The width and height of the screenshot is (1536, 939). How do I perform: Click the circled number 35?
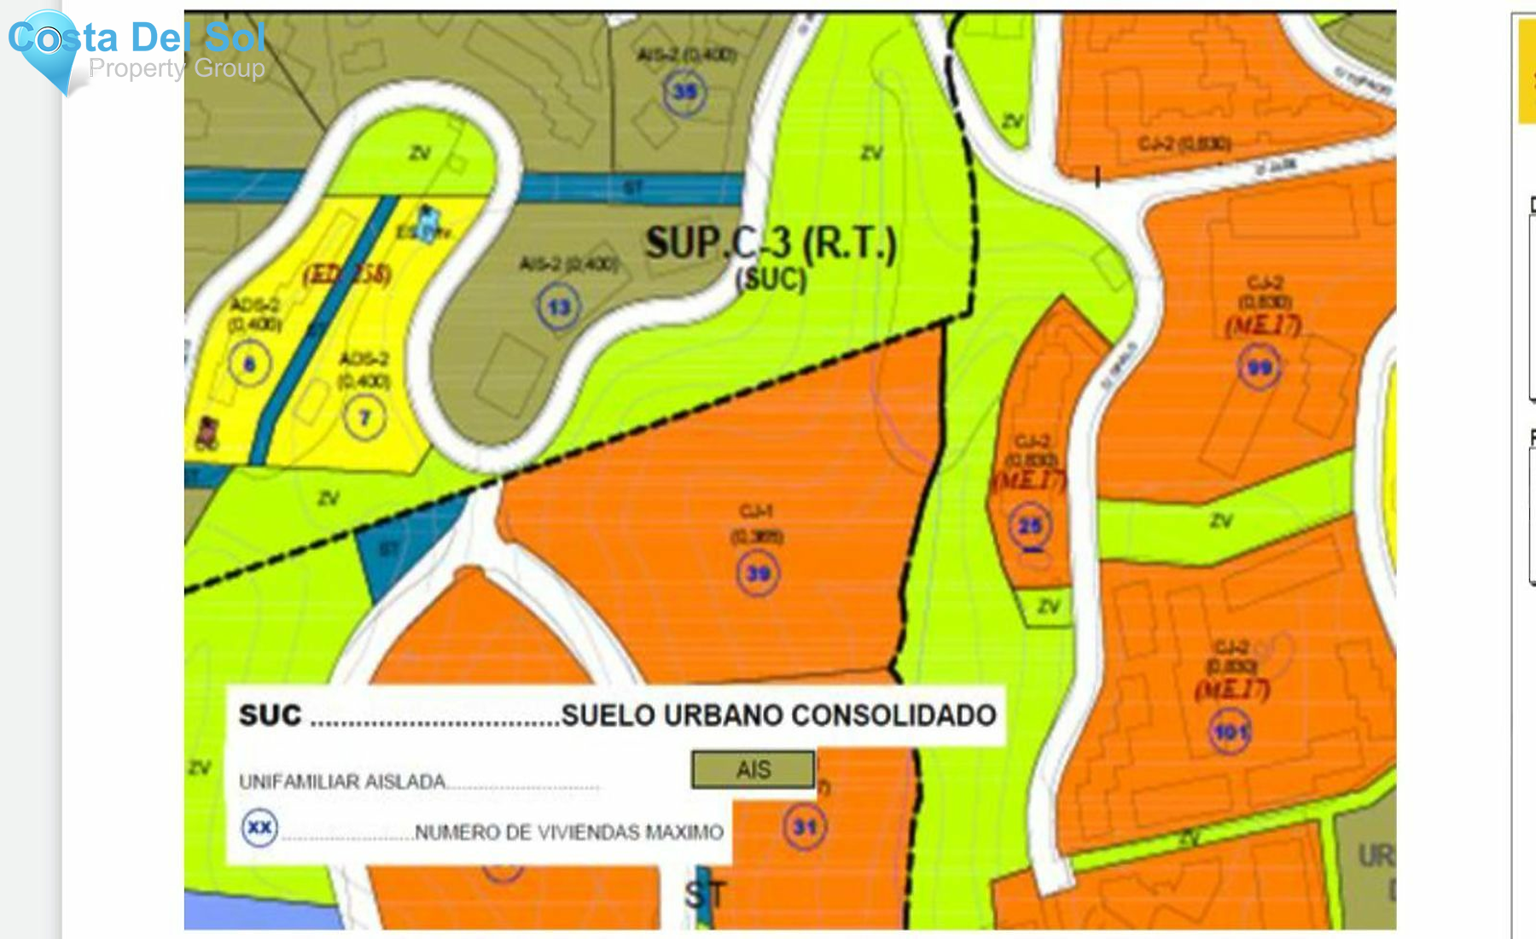tap(684, 91)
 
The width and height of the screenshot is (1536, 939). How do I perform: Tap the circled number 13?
tap(559, 306)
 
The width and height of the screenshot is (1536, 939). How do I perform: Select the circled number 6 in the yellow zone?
tap(249, 365)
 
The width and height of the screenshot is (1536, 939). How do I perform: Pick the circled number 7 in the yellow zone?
tap(364, 417)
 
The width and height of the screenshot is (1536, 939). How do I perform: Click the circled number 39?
tap(758, 573)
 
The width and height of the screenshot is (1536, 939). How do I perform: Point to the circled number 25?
tap(1030, 525)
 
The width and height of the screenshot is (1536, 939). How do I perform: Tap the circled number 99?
tap(1260, 367)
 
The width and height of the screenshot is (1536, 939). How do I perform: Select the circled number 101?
tap(1231, 732)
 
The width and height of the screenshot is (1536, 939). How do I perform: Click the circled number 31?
tap(805, 826)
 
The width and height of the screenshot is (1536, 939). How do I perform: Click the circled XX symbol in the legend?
tap(259, 827)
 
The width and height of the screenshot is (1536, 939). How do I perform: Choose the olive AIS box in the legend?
tap(753, 769)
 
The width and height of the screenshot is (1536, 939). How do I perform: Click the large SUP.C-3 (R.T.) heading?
tap(771, 244)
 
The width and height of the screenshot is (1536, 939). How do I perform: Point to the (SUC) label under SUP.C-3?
tap(771, 279)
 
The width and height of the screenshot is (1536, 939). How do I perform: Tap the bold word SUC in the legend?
tap(270, 715)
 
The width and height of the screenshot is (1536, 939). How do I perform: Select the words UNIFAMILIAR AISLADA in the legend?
tap(342, 781)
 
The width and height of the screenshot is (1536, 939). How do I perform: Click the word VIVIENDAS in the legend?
tap(588, 832)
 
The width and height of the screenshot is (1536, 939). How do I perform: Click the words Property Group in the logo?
tap(177, 68)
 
